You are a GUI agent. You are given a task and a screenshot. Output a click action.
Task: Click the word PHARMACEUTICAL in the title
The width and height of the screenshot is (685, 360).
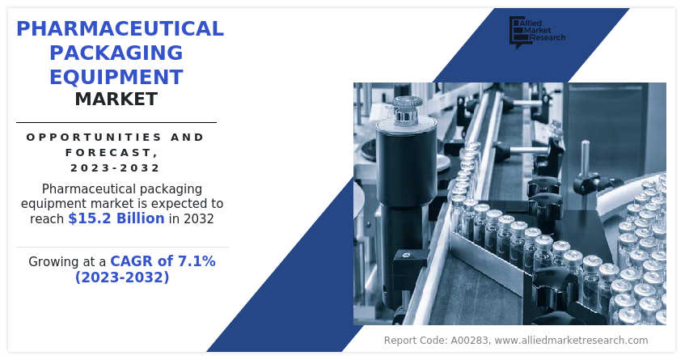[x=121, y=29]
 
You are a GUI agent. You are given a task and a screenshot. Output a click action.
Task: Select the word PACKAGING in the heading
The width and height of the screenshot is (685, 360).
[x=116, y=53]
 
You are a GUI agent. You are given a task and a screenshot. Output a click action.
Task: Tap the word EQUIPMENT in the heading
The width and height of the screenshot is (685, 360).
[x=116, y=77]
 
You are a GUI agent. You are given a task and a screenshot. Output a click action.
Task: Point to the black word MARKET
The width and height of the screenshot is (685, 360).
[x=116, y=100]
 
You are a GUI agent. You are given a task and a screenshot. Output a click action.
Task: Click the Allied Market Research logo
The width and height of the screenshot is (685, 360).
[x=537, y=32]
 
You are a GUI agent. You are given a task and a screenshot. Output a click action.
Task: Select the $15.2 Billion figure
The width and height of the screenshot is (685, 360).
[x=116, y=218]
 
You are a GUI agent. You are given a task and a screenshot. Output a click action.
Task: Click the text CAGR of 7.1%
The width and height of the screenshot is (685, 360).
[x=163, y=261]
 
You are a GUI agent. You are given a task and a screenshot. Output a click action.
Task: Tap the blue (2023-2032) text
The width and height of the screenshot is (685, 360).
[x=122, y=277]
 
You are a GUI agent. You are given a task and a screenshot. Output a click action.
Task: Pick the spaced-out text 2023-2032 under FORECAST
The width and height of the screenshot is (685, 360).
[x=116, y=167]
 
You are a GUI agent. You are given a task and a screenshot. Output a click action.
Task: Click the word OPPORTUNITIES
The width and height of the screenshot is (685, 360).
[x=88, y=138]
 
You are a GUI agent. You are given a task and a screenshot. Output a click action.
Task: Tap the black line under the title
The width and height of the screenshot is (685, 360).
[x=116, y=123]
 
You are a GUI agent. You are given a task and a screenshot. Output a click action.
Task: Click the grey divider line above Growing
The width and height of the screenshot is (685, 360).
[x=122, y=248]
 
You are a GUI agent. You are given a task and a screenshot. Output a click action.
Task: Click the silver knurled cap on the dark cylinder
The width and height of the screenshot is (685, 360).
[x=407, y=108]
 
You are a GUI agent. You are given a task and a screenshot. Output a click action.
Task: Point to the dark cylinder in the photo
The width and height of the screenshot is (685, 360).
[x=406, y=163]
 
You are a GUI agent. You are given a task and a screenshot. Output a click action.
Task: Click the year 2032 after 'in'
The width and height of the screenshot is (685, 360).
[x=198, y=218]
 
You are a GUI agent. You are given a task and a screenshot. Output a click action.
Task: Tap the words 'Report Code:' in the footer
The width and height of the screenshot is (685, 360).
[x=416, y=341]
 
